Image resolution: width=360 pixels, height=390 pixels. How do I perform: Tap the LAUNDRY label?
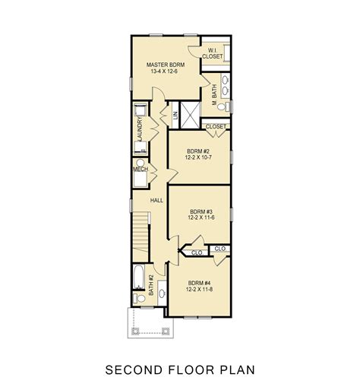coord(141,126)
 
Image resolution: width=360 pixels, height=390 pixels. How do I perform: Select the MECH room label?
coord(140,170)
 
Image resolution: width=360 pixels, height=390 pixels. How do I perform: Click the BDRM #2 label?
coord(199,151)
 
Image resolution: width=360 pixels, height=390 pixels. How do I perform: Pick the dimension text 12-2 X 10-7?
coord(199,160)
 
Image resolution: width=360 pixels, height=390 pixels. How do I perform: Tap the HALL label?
coord(157,200)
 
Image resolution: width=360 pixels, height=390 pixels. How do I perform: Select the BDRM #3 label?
coord(200,211)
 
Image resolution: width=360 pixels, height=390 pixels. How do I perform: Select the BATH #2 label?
coord(152,286)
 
